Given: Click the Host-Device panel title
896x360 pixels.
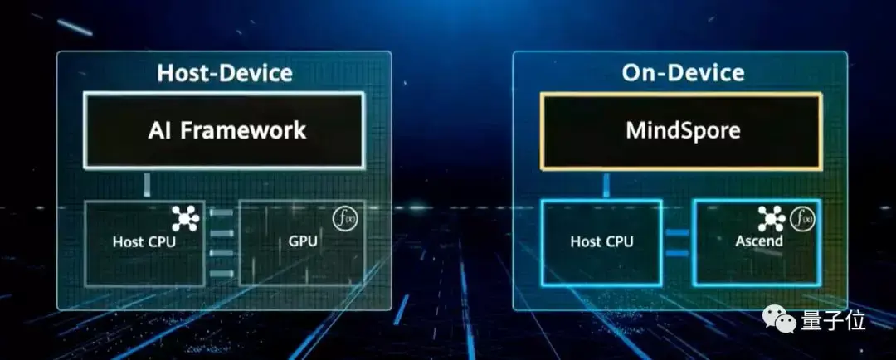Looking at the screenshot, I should click(224, 73).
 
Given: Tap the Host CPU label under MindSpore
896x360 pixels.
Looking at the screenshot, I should click(601, 242).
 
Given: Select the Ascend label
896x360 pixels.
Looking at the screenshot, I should click(760, 242).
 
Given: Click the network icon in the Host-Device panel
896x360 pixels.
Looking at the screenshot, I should click(186, 216).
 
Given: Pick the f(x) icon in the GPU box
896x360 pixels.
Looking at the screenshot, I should click(343, 217).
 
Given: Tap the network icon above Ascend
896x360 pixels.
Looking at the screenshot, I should click(772, 217).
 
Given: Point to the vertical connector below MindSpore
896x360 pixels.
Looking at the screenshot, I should click(606, 185).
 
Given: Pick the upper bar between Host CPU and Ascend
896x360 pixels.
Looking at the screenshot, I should click(677, 233).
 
